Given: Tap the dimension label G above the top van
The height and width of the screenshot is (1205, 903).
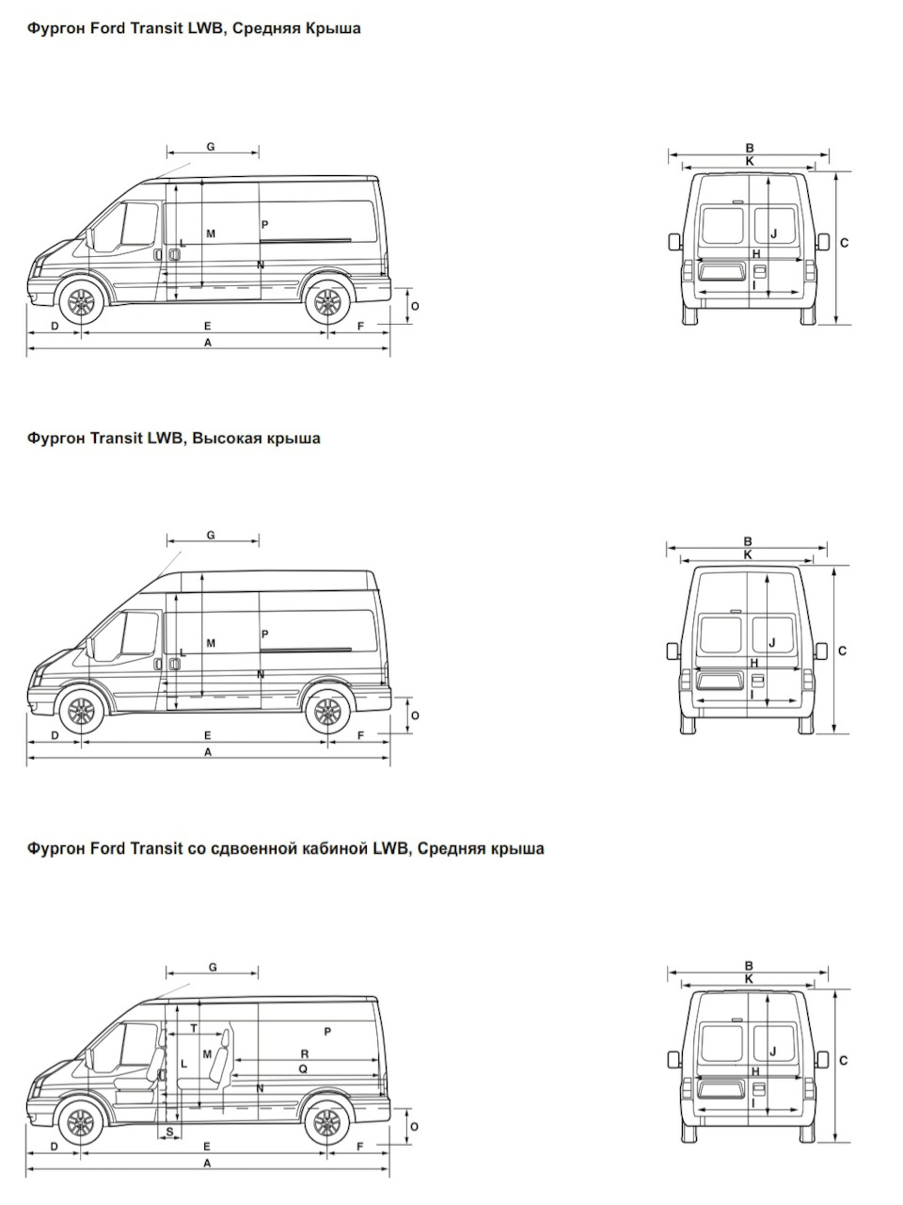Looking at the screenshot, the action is coord(211,147).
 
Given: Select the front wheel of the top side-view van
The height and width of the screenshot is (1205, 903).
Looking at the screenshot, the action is coord(81,301).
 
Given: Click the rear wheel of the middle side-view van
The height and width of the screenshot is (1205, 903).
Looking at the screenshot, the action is coord(327,712).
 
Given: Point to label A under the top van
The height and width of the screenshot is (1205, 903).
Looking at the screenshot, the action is coord(208,343).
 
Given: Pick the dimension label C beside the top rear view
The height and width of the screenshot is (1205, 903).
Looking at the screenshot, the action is coord(845,243).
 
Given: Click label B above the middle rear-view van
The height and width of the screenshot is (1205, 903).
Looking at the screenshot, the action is coord(749,541).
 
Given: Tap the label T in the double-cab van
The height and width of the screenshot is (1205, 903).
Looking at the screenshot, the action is coord(194,1028).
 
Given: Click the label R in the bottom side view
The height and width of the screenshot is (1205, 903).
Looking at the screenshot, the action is coord(305,1053).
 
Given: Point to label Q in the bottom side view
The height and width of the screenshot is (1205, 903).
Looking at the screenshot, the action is coord(303,1068).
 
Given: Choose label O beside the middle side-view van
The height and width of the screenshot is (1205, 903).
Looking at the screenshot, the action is coord(415,715).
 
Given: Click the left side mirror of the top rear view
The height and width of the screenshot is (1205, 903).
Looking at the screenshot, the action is coord(674,242).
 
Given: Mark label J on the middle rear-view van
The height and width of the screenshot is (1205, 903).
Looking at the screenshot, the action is coord(772,642).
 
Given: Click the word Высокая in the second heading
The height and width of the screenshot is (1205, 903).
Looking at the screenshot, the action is coord(226,439).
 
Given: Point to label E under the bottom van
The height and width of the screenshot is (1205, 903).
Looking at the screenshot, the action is coord(207,1147).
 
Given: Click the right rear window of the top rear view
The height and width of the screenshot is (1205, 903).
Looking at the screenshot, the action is coord(776,225).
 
